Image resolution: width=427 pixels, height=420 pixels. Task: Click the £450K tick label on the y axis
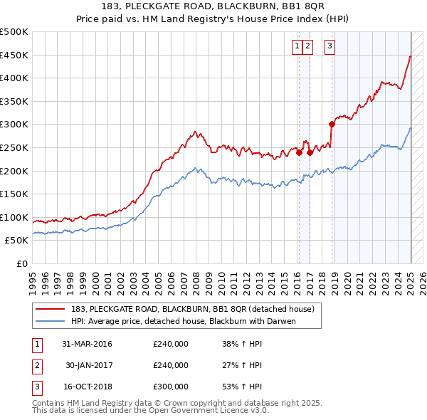pos(15,55)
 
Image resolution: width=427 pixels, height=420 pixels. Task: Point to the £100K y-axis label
pos(15,217)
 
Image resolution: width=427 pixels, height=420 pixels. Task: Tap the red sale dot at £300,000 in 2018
pos(332,124)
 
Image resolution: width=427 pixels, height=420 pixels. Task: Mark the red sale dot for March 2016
pos(300,152)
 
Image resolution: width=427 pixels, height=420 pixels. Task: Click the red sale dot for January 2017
pos(310,152)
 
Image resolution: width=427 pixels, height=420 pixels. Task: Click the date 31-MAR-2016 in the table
pos(87,344)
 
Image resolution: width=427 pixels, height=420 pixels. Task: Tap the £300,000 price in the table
pos(171,387)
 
